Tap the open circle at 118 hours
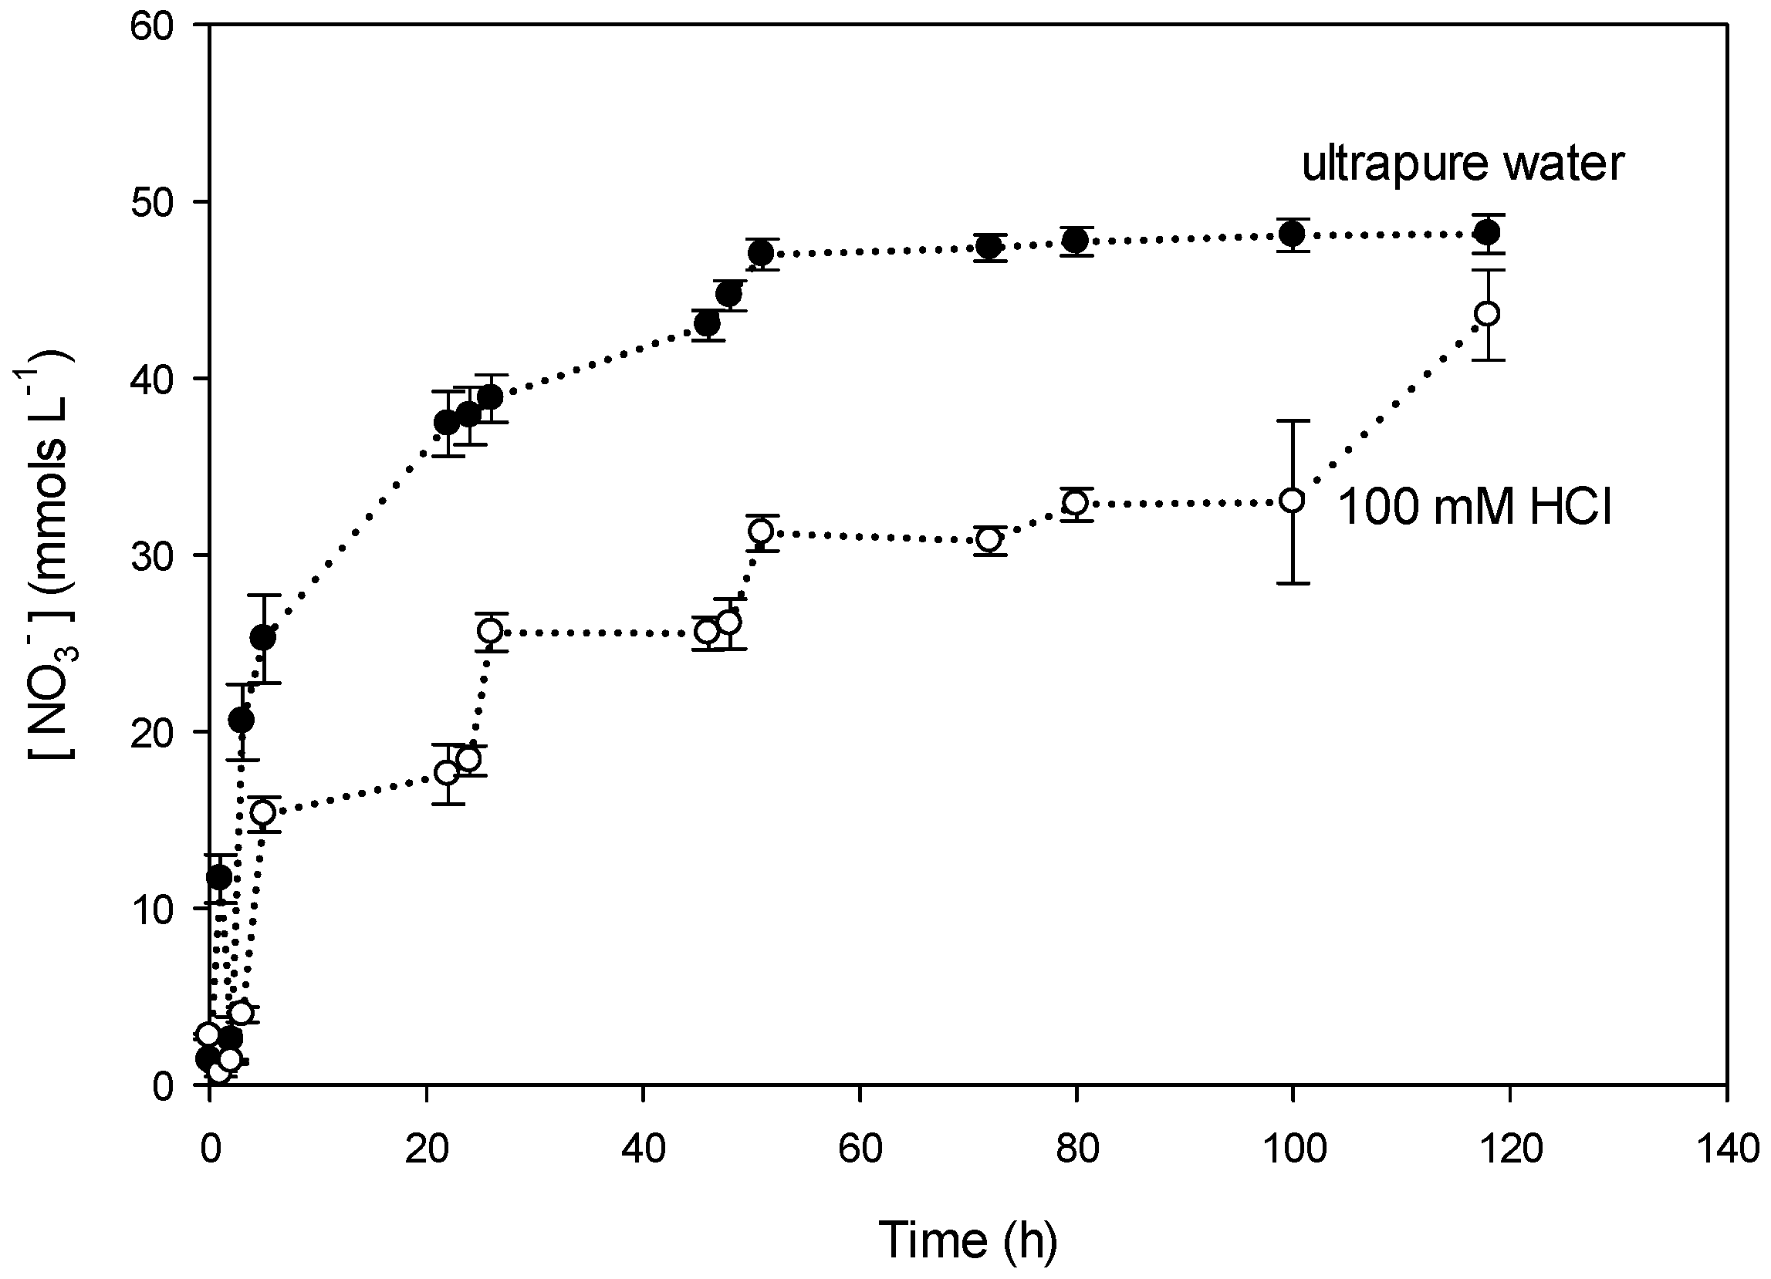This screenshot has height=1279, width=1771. click(x=1488, y=314)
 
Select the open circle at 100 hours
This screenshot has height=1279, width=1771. click(x=1293, y=500)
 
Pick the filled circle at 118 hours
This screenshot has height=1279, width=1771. click(x=1488, y=232)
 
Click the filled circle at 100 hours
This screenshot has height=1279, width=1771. click(x=1293, y=233)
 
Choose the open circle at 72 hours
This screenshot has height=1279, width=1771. click(x=989, y=539)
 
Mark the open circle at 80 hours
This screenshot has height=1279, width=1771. click(x=1076, y=503)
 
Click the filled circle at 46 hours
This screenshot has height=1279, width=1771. click(x=708, y=323)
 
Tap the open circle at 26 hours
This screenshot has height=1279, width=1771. click(x=490, y=630)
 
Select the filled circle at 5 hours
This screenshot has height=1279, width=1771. click(x=263, y=638)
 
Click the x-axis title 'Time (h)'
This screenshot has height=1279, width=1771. click(x=968, y=1239)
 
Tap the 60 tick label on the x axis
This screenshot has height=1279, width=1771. click(x=860, y=1149)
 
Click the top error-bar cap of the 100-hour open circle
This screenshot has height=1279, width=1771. click(x=1293, y=421)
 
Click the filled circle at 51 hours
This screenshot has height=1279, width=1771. click(x=762, y=253)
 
